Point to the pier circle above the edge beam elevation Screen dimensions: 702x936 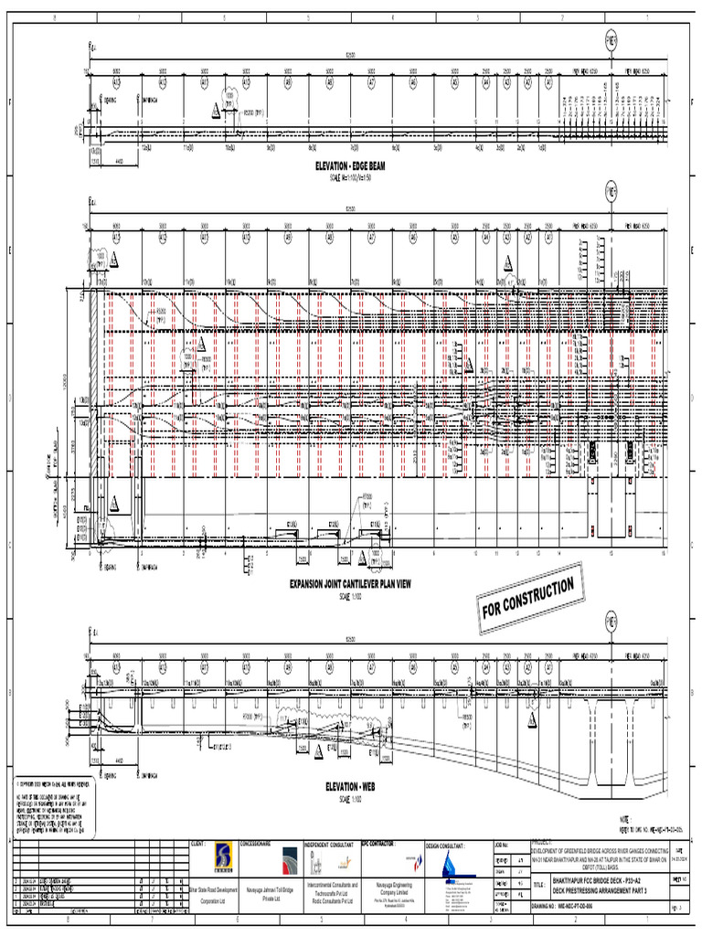[611, 39]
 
